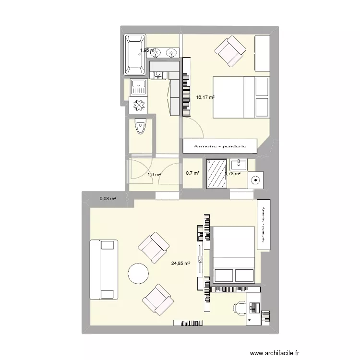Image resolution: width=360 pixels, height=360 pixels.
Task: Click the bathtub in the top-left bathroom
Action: (x=135, y=54)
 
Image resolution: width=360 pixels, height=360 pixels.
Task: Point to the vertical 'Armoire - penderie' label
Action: (x=264, y=225)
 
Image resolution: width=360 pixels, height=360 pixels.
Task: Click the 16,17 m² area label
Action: (x=205, y=97)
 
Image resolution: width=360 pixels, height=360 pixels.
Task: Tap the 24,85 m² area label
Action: (x=180, y=263)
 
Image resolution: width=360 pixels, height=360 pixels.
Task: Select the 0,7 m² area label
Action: (x=192, y=173)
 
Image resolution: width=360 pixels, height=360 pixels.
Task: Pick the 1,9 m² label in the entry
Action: (x=154, y=175)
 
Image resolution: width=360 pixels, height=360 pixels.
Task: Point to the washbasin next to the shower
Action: (x=239, y=164)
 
